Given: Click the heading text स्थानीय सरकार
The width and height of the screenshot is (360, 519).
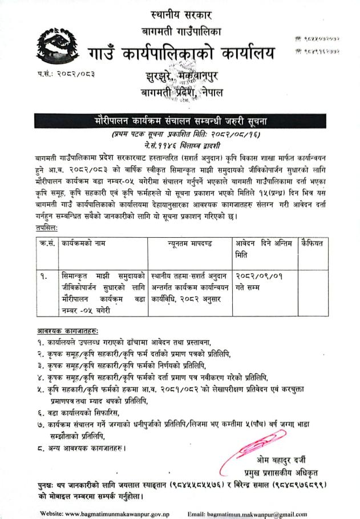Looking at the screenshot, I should pos(180,12).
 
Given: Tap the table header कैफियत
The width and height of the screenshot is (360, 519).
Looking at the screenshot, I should pos(313,243).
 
